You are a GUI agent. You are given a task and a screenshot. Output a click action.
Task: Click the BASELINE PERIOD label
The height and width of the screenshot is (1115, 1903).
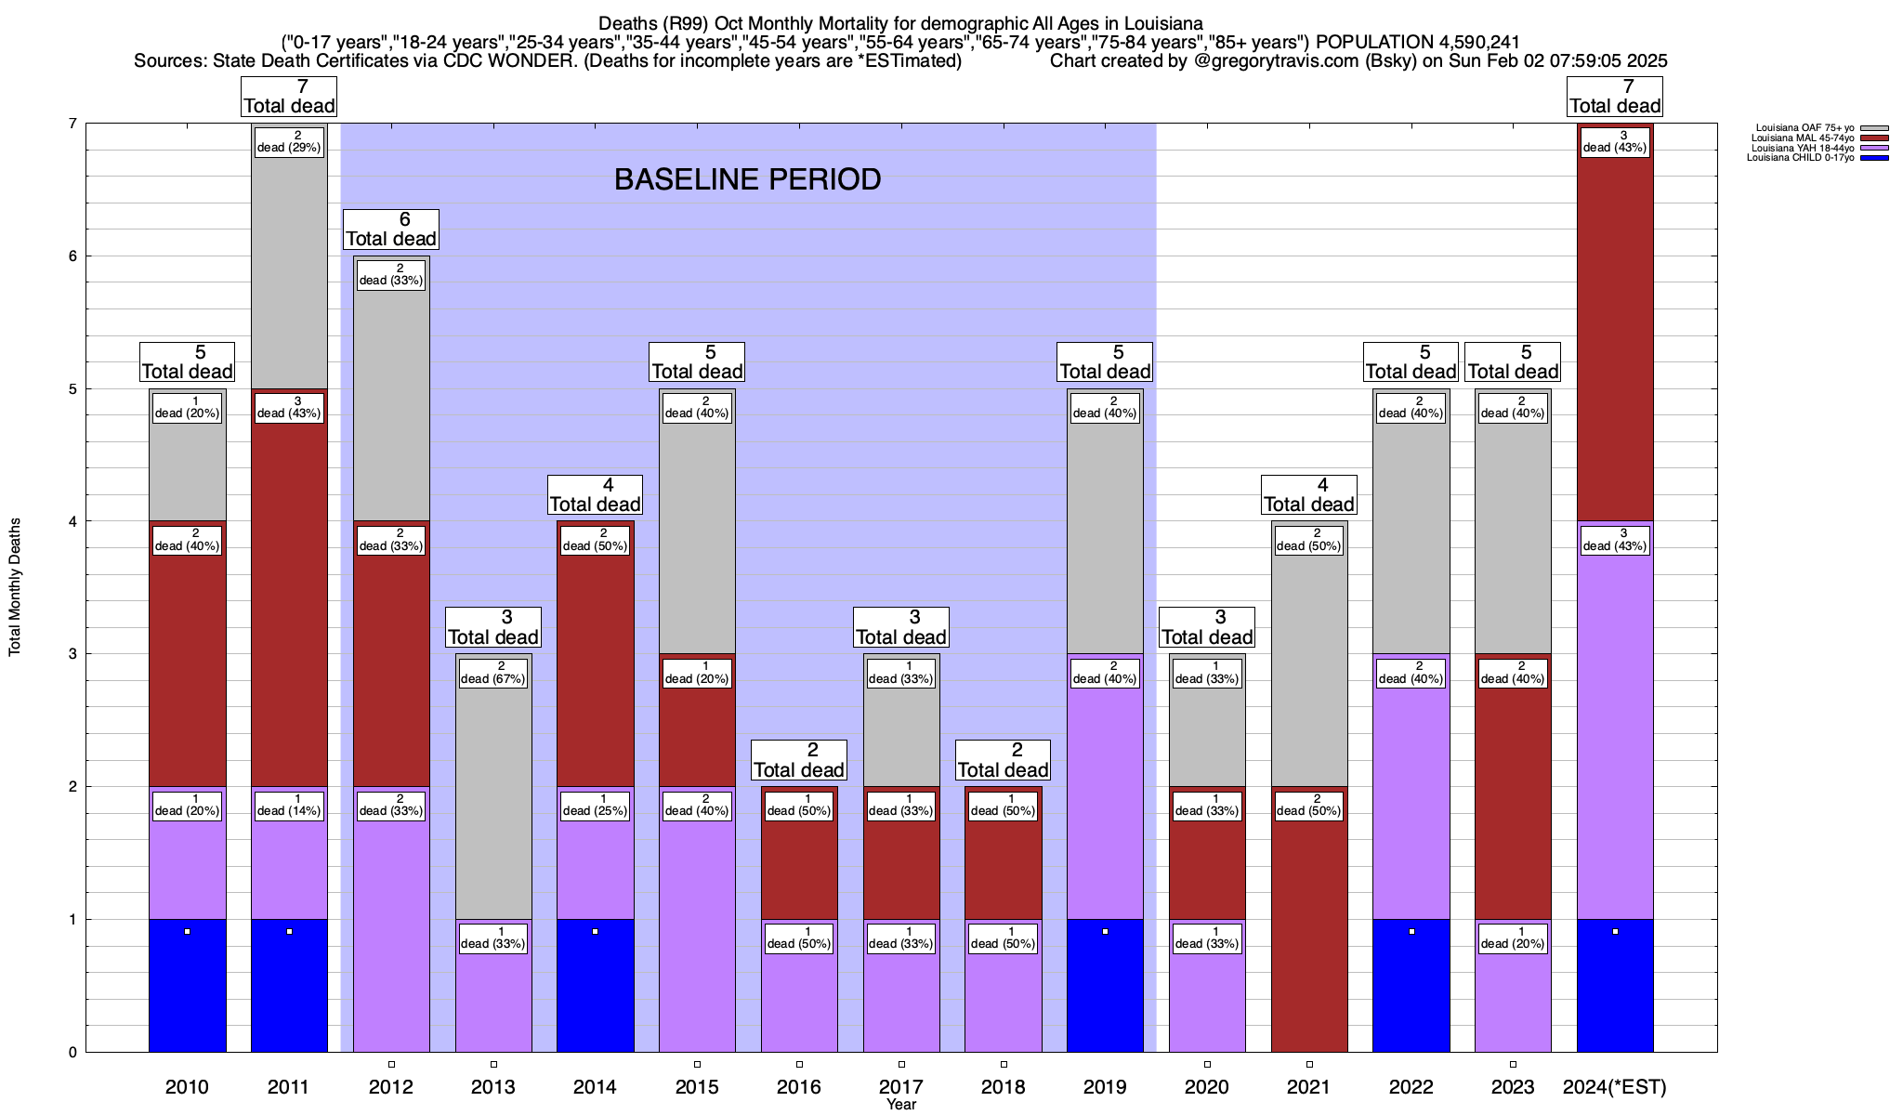[x=747, y=179]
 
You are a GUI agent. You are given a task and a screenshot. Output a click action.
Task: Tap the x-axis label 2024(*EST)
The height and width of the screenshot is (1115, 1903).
[x=1615, y=1087]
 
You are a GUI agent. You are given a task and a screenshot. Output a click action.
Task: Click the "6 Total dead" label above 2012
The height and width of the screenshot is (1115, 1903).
[x=391, y=230]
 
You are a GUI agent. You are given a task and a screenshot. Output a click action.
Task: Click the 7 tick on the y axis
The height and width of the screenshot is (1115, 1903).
[x=72, y=124]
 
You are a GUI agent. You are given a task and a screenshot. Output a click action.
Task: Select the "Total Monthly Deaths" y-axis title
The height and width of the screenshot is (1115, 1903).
[x=15, y=587]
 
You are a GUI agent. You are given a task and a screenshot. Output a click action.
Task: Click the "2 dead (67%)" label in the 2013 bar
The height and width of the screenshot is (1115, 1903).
[x=493, y=673]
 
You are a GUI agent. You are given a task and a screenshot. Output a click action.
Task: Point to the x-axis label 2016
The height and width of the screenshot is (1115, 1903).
[x=799, y=1087]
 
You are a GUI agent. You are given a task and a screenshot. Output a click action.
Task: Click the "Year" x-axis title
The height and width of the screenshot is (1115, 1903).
[x=901, y=1105]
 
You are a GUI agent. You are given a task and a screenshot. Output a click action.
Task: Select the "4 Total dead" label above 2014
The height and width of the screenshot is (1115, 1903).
[x=595, y=495]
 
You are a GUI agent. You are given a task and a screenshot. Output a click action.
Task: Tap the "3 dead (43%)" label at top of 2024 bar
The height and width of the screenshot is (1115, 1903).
[x=1615, y=142]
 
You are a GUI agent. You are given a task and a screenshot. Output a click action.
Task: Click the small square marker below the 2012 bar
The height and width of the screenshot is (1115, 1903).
[x=391, y=1065]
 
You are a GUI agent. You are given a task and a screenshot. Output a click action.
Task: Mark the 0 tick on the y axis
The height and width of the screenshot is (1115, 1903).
[x=72, y=1053]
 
